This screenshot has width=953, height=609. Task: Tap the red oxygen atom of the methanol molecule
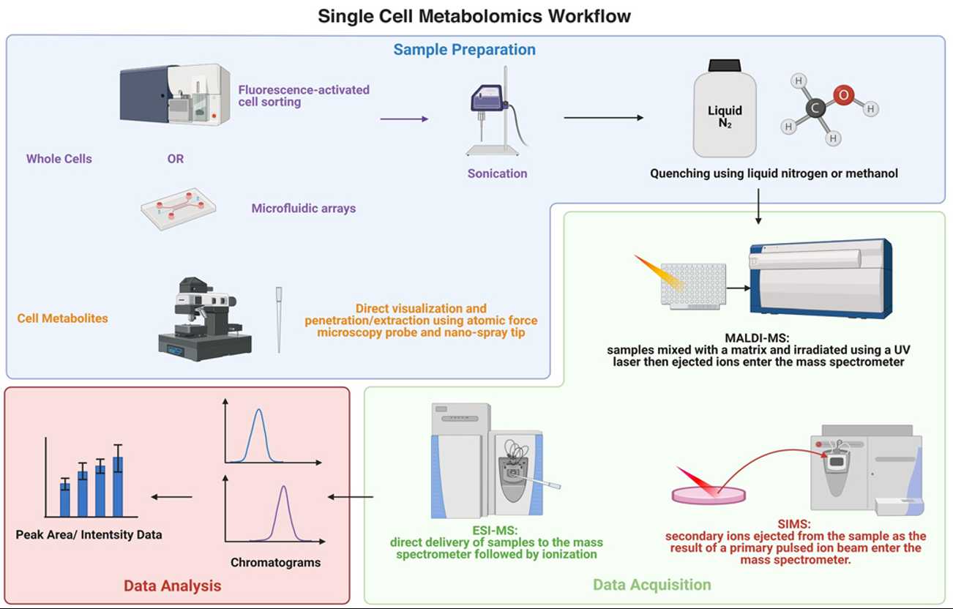coord(844,95)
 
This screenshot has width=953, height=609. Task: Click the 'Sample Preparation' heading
coord(464,50)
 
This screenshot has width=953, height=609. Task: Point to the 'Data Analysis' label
coord(172,586)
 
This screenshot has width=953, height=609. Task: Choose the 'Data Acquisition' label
coord(651,584)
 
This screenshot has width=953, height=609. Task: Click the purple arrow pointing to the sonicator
coord(404,118)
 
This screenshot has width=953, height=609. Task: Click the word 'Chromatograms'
coord(275,563)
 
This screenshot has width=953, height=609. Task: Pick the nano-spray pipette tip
coord(279,319)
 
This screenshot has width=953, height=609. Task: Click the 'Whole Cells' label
coord(59,159)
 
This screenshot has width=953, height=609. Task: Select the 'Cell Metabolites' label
coord(62,318)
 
